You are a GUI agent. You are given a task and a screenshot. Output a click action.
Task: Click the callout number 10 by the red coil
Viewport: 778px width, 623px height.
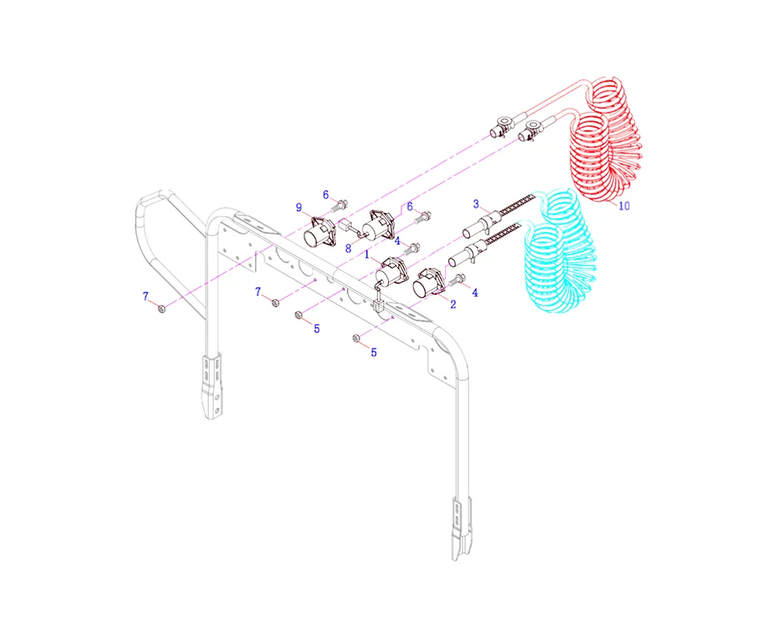click(624, 205)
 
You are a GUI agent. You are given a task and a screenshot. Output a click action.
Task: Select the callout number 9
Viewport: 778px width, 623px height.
click(299, 207)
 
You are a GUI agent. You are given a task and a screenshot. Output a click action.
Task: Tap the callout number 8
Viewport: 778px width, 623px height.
click(349, 248)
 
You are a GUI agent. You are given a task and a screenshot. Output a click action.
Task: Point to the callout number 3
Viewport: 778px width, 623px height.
click(476, 204)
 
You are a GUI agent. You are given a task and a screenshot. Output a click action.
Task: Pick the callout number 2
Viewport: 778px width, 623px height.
click(453, 304)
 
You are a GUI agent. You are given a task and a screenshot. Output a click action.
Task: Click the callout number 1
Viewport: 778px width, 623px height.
click(366, 255)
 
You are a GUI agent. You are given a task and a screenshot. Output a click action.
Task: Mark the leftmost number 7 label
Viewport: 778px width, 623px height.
click(145, 296)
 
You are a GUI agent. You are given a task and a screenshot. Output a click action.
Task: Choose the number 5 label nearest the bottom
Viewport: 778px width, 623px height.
click(373, 352)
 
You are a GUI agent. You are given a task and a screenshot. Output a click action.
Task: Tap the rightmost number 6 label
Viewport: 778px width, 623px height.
click(410, 206)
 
